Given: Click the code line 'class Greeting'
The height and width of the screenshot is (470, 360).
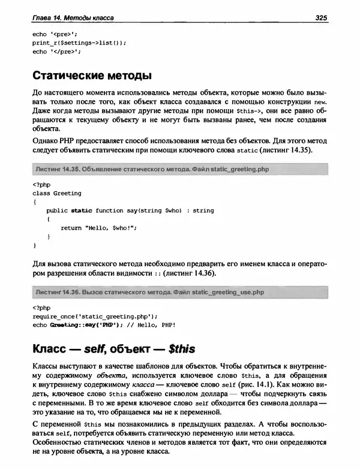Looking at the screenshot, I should click(x=57, y=194).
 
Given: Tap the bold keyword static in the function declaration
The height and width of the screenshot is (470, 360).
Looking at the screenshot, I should click(x=82, y=211).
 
